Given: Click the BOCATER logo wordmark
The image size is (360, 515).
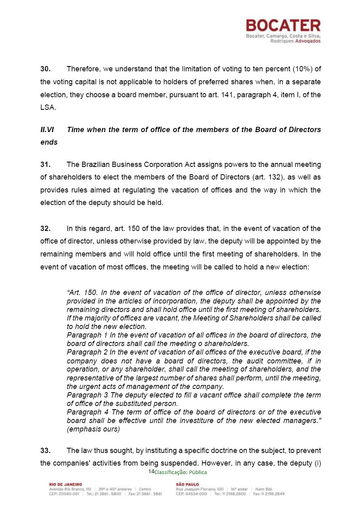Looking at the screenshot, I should tap(283, 26).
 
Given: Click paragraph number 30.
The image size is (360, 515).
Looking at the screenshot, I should tap(45, 69).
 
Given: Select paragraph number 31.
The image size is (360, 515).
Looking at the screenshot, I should tap(45, 165).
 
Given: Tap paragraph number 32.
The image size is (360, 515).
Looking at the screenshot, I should tap(45, 228).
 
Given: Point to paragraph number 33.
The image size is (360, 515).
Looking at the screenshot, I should tap(45, 451).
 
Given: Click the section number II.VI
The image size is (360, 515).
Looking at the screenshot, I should tap(47, 130).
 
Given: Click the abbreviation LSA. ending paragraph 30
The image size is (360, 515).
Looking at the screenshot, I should tap(48, 107).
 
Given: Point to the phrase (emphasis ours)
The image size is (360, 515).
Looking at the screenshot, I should tap(93, 430).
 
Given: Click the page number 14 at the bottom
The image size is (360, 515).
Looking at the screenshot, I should tap(151, 471).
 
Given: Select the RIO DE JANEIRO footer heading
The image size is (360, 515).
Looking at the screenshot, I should tap(65, 484).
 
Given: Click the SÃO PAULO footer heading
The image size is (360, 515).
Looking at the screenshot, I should tap(187, 484).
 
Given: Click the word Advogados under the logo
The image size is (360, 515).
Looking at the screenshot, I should tap(308, 41).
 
